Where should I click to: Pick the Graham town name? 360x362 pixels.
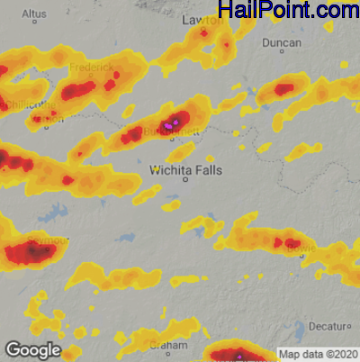click(167, 346)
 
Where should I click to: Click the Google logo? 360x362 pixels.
click(32, 349)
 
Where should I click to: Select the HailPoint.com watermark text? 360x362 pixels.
click(288, 11)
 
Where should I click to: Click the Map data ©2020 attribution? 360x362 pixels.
click(318, 353)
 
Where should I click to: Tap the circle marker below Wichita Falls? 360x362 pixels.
click(186, 179)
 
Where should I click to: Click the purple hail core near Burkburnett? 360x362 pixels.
click(176, 119)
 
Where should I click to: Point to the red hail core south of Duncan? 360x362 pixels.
click(284, 89)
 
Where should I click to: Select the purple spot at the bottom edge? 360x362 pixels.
click(241, 357)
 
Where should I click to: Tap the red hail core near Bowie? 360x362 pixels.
click(292, 242)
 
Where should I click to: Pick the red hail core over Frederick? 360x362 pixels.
click(79, 89)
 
